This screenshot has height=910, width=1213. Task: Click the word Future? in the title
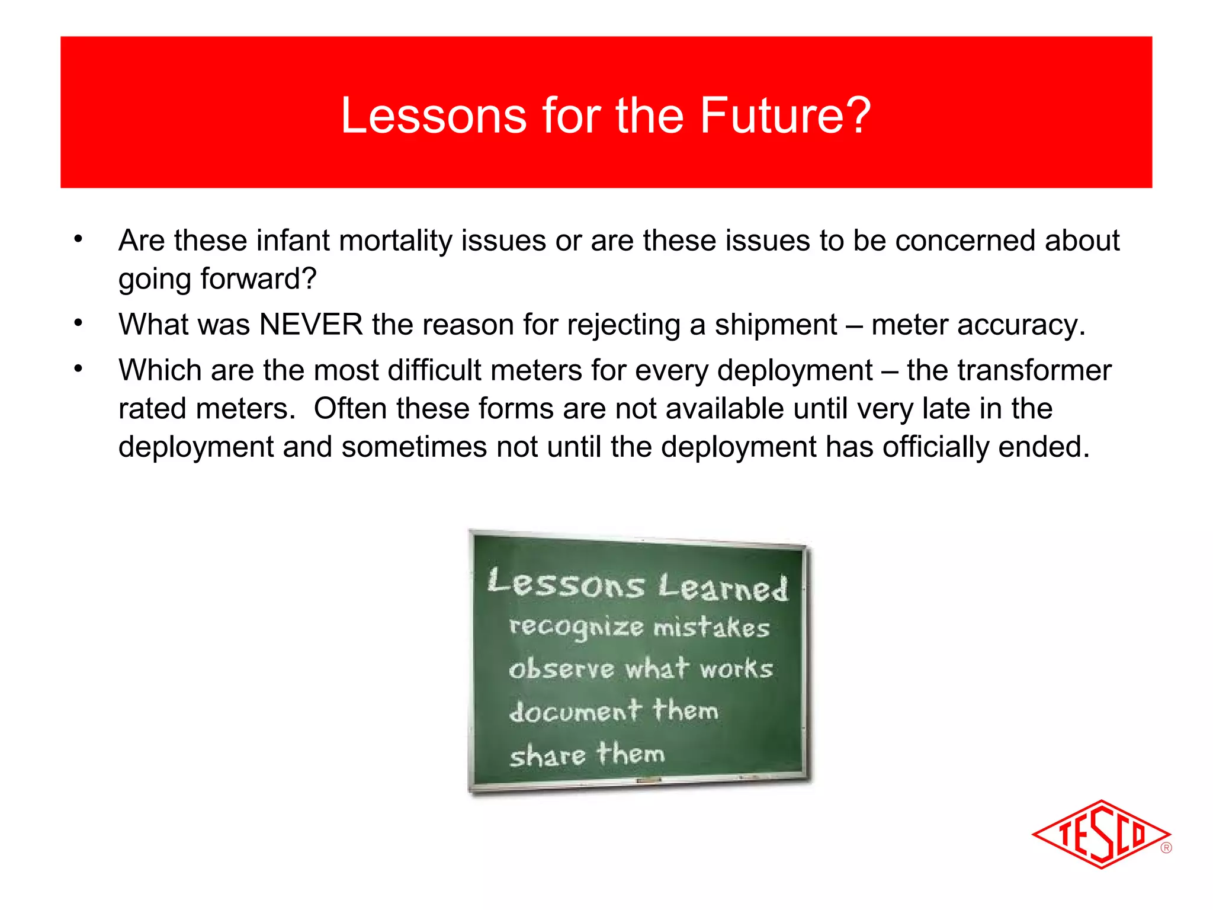[785, 115]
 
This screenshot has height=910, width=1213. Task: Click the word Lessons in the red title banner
[434, 115]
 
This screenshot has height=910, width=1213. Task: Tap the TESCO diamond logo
[1100, 834]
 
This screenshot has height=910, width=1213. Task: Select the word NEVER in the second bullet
[311, 325]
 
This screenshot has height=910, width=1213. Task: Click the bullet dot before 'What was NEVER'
[78, 323]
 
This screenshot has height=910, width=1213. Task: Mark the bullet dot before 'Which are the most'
[78, 369]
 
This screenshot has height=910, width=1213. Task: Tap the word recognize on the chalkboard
[576, 627]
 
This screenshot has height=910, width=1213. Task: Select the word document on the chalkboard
[575, 711]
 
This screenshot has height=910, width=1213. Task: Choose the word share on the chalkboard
[547, 756]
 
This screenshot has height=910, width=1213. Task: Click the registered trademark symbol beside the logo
[1166, 848]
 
